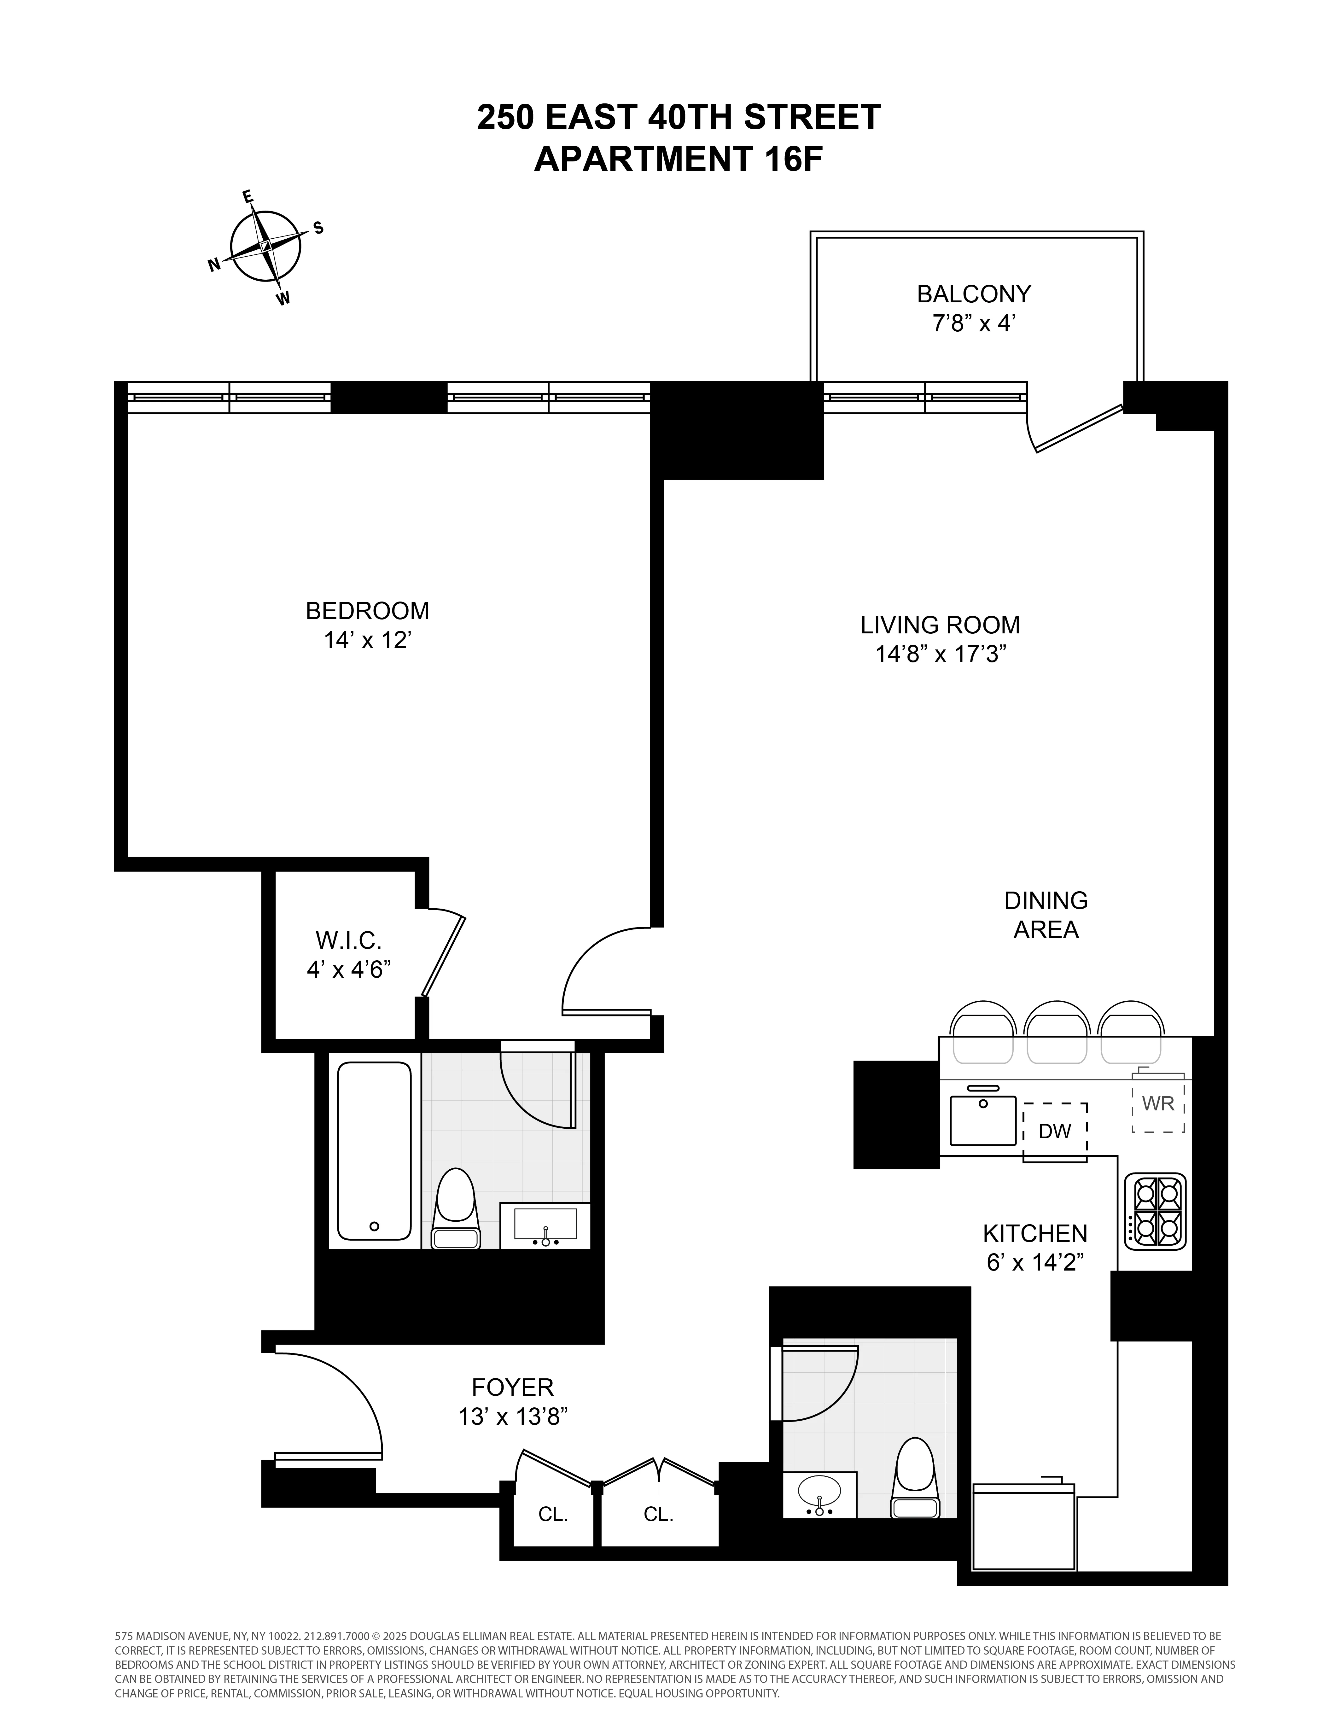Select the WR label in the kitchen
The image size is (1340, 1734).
coord(1157,1103)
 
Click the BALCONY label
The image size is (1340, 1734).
coord(973,294)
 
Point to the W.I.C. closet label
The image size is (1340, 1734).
coord(348,941)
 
